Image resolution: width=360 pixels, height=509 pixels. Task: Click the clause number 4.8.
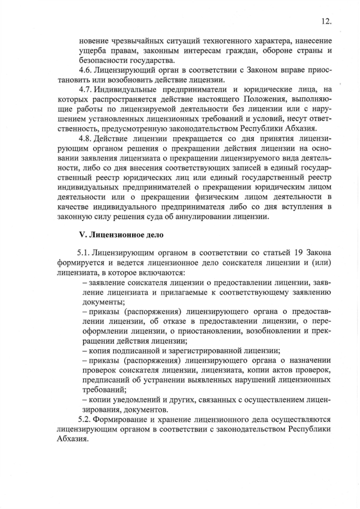85,139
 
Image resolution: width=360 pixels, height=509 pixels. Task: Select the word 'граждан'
233,51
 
